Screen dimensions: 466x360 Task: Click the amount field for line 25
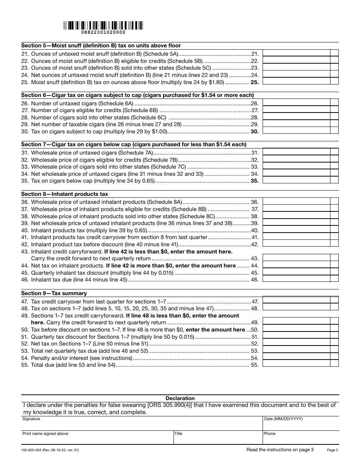(x=296, y=81)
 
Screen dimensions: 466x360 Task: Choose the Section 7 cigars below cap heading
(x=134, y=144)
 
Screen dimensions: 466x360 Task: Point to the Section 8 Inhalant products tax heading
(x=65, y=194)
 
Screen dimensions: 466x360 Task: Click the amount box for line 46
(x=296, y=279)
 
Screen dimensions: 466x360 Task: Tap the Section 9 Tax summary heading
(x=54, y=293)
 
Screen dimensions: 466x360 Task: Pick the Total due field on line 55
(x=296, y=364)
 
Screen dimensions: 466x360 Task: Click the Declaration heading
(x=180, y=398)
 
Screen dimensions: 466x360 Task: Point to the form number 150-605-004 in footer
(x=51, y=450)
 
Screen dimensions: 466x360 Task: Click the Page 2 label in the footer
(x=332, y=450)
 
